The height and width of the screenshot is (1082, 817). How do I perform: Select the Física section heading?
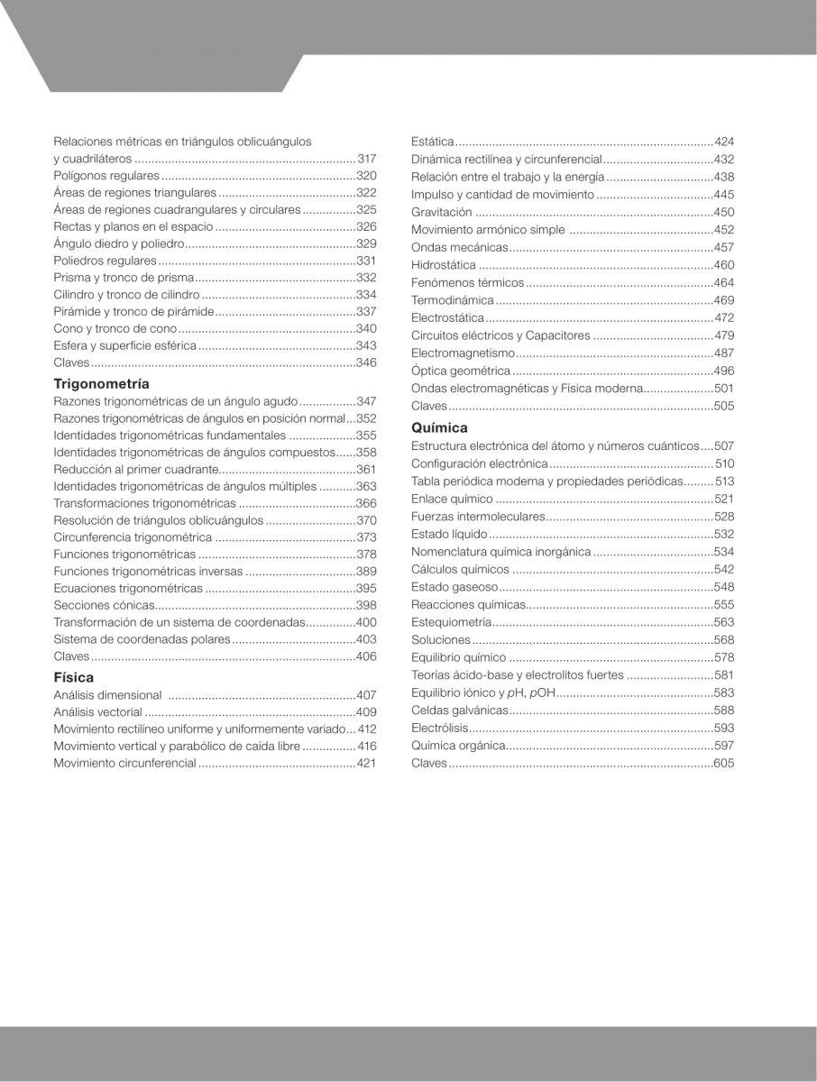coord(73,677)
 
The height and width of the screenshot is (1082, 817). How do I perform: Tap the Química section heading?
coord(439,427)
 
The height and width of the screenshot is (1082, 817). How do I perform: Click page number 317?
coord(366,159)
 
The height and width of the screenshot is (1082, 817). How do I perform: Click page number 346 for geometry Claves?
coord(366,362)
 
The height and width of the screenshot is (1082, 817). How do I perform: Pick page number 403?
coord(366,639)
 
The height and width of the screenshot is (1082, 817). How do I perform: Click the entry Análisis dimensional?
coord(107,695)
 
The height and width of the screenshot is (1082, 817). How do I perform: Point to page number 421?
coord(366,763)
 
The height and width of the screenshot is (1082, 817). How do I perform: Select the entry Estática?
coord(432,142)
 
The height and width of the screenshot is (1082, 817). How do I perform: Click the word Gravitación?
coord(442,212)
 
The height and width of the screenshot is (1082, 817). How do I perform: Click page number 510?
coord(724,463)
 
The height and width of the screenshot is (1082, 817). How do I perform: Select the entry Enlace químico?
coord(452,499)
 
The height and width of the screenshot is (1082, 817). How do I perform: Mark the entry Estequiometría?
coord(451,622)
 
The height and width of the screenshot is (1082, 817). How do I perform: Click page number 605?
coord(723,764)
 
